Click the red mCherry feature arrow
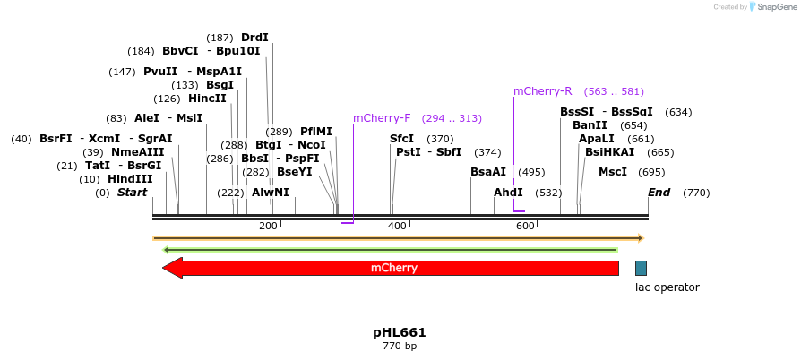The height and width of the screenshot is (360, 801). (394, 268)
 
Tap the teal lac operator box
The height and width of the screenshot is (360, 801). (641, 268)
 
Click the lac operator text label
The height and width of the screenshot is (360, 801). (667, 287)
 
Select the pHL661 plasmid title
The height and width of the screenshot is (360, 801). (400, 332)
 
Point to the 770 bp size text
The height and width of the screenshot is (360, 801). (400, 347)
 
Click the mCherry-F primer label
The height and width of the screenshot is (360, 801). (382, 118)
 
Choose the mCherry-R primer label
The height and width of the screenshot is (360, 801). (542, 91)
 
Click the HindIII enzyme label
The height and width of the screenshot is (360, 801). (130, 179)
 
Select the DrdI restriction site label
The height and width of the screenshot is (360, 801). (254, 38)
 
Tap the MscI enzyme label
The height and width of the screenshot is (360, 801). (613, 172)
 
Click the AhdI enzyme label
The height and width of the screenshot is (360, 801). (508, 193)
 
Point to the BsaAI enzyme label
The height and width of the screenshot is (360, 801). (488, 172)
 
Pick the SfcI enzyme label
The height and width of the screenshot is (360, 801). (402, 139)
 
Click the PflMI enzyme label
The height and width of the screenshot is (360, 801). (315, 132)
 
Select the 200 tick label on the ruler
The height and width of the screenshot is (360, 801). (268, 227)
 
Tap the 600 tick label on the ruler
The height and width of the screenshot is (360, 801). (525, 227)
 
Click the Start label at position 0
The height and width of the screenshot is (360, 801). (132, 193)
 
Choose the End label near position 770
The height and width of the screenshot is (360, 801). (659, 193)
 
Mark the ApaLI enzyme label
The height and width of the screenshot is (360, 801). (597, 139)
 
